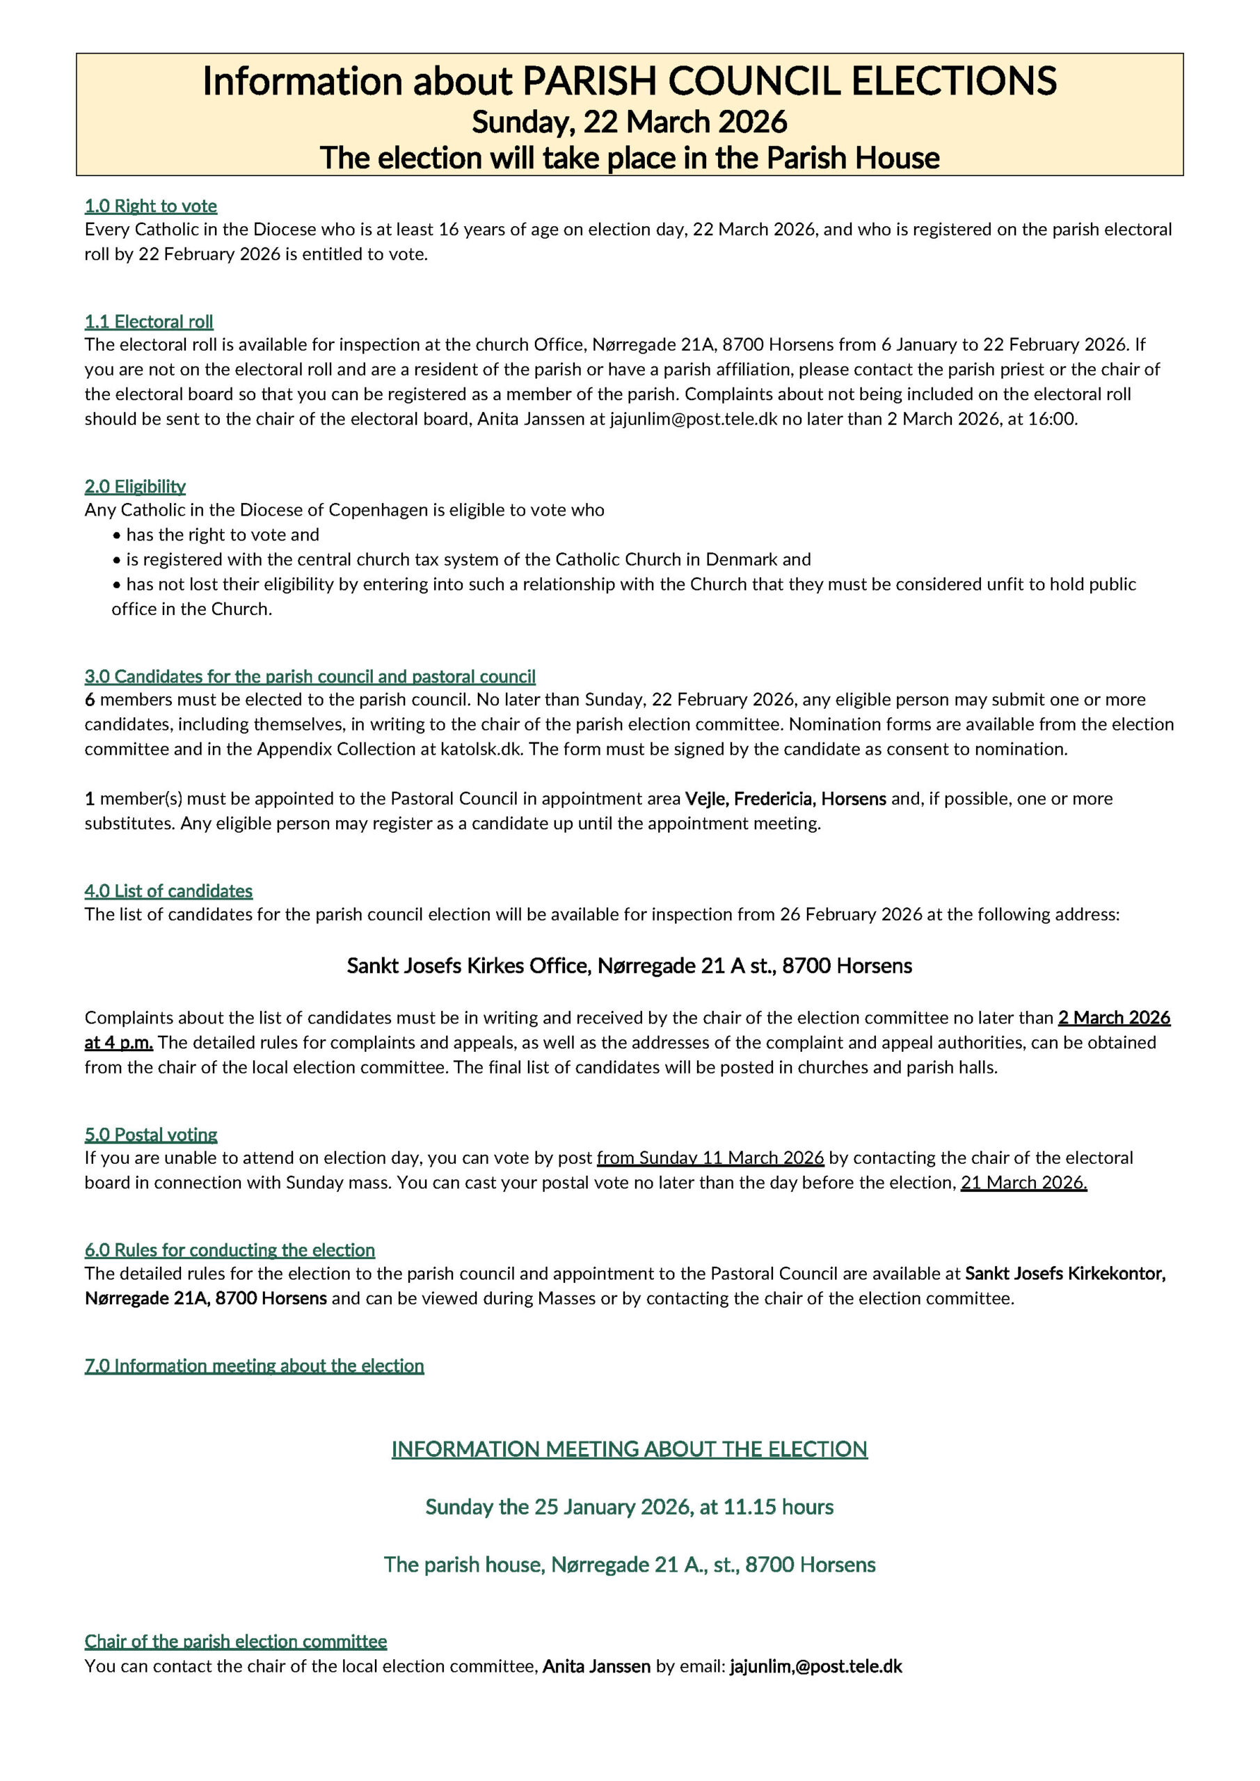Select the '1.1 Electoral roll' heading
click(x=148, y=321)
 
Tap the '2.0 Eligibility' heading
click(x=135, y=486)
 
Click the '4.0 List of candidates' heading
click(x=168, y=890)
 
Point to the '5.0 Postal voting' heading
click(x=150, y=1134)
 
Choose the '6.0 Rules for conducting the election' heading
click(x=230, y=1249)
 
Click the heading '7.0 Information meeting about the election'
click(x=254, y=1365)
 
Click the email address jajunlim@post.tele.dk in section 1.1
click(x=693, y=419)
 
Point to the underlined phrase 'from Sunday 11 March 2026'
click(x=710, y=1158)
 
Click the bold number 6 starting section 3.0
click(x=90, y=700)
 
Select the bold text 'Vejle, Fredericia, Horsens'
click(x=785, y=799)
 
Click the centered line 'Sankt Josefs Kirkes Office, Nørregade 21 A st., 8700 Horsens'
click(x=629, y=966)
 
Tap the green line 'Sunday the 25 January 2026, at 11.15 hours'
click(x=629, y=1506)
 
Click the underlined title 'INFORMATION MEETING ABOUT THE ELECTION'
click(x=629, y=1449)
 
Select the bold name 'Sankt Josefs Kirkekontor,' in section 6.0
click(x=1065, y=1273)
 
